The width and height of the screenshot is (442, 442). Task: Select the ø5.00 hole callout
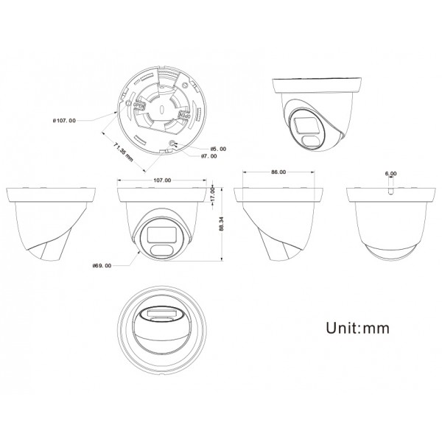tap(218, 148)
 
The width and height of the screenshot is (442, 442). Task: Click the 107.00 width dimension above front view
tap(161, 180)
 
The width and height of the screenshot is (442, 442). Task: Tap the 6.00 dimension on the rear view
tap(390, 174)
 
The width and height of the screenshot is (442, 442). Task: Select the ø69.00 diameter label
tap(101, 267)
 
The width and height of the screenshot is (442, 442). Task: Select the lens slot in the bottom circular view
tap(161, 316)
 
